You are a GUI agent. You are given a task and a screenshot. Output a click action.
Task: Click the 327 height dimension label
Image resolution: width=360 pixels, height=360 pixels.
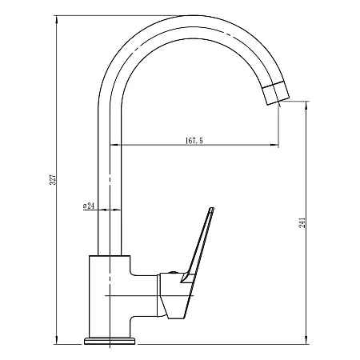click(54, 180)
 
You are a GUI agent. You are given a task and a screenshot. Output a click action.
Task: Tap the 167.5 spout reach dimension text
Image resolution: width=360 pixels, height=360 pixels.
click(194, 140)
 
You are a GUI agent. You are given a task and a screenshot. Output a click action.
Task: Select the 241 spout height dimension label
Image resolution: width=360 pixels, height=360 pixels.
click(302, 222)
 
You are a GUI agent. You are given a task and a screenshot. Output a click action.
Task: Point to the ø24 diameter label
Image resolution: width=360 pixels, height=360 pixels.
click(89, 206)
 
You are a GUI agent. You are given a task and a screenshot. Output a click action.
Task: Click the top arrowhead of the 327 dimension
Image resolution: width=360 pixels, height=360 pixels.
click(56, 19)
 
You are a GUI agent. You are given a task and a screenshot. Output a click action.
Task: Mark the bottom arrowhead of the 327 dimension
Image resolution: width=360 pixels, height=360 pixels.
click(56, 340)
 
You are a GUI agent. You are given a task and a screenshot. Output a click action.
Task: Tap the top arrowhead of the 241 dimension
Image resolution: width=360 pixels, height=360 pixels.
click(306, 106)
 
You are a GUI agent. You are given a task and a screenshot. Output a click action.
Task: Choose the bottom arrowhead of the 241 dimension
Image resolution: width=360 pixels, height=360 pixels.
click(306, 340)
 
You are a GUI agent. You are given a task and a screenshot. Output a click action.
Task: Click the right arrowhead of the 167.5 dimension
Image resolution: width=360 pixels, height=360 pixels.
click(274, 145)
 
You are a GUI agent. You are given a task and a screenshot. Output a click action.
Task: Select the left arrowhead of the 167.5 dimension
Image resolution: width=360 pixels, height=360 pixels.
click(114, 145)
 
